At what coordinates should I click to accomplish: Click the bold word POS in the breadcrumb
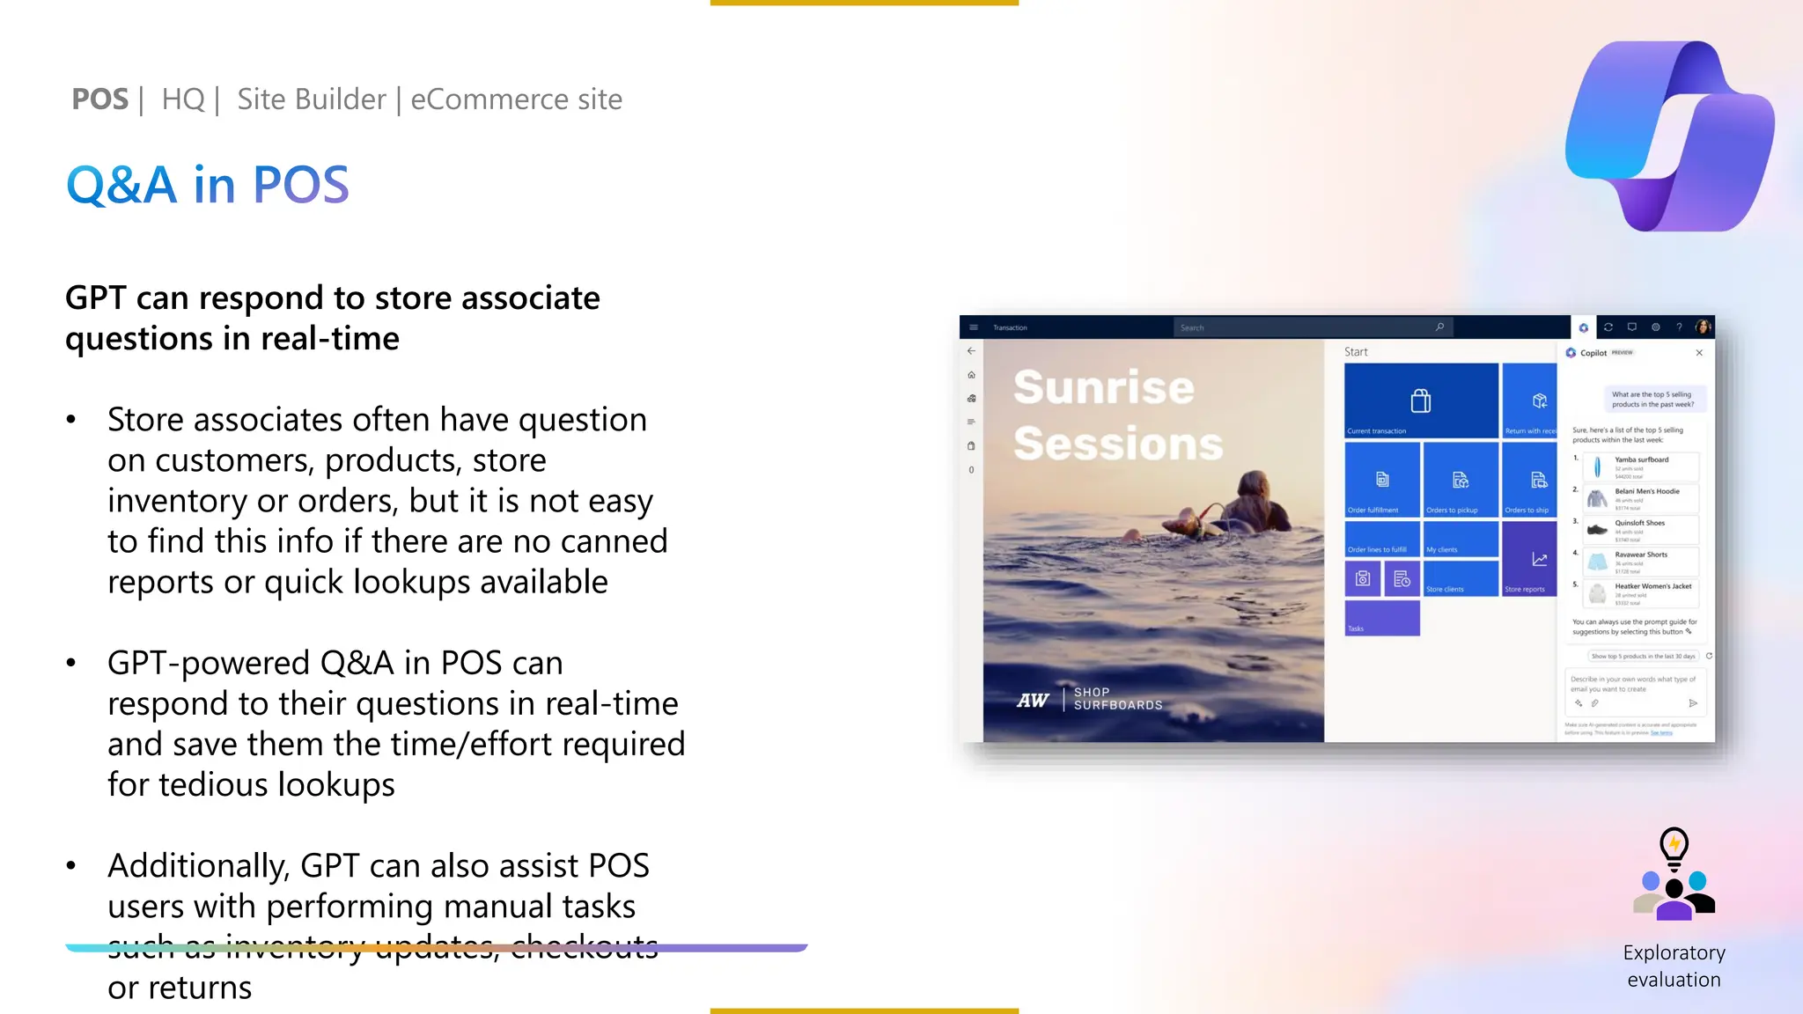tap(99, 99)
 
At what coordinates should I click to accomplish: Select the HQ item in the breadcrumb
tap(182, 99)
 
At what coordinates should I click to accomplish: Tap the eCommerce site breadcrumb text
tap(516, 99)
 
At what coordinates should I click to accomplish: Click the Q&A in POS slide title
tap(208, 185)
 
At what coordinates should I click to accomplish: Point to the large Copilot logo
tap(1669, 136)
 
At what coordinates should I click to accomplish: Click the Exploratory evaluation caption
tap(1674, 966)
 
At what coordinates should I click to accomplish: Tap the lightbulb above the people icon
tap(1674, 847)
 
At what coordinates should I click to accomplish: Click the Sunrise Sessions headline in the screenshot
tap(1116, 415)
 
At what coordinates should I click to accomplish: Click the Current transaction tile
tap(1421, 400)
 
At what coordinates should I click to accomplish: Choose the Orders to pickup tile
tap(1460, 480)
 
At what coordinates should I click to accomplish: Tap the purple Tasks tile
tap(1382, 618)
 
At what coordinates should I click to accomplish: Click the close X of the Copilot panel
tap(1699, 353)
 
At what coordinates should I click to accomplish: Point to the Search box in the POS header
tap(1312, 327)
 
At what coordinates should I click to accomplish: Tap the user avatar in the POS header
tap(1703, 327)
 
